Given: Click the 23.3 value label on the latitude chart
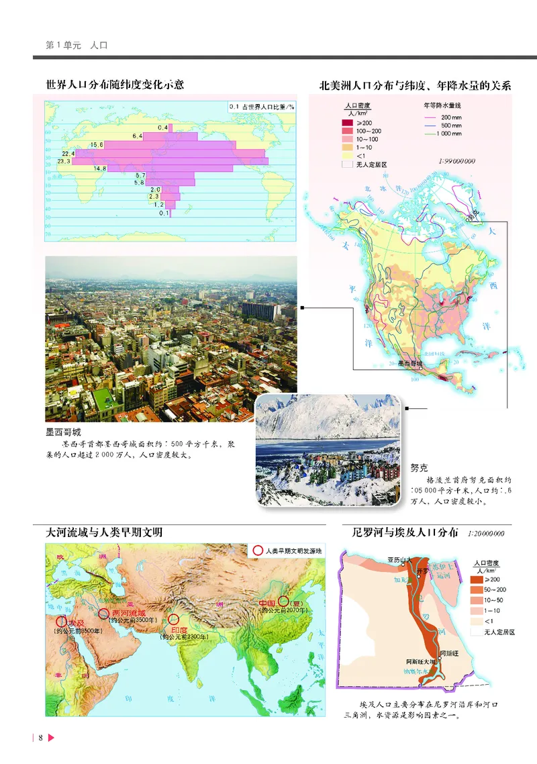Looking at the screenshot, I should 64,161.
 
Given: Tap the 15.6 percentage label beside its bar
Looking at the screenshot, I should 97,145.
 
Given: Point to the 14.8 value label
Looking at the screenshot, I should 101,169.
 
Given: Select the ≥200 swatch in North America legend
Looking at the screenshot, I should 346,123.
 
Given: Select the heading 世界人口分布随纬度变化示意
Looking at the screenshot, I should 115,85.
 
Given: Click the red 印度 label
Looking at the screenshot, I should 179,630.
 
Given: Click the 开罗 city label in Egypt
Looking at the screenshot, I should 422,570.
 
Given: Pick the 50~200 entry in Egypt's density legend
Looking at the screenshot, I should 493,589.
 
